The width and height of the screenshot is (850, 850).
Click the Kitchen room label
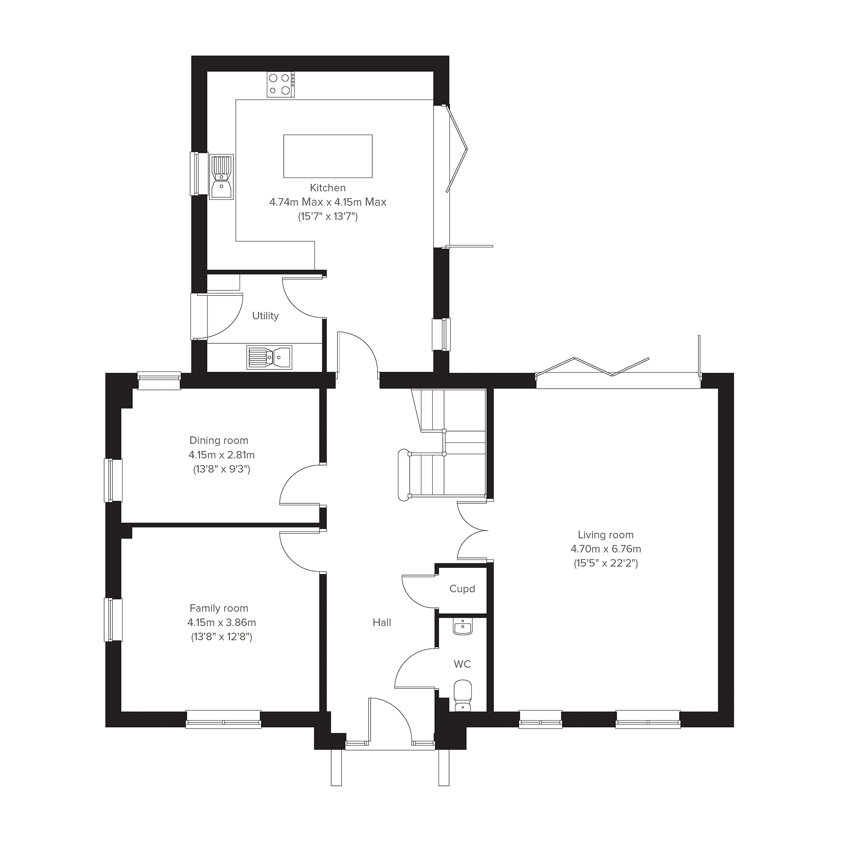tap(328, 188)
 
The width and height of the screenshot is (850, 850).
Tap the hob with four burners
tap(281, 84)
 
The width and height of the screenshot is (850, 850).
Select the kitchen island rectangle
tap(328, 156)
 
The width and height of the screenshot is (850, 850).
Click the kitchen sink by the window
tap(221, 177)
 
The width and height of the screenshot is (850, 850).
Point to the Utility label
tap(265, 316)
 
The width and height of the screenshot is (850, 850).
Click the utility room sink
tap(269, 357)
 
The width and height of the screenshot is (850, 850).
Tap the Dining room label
tap(219, 440)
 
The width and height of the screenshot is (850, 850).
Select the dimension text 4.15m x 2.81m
tap(222, 455)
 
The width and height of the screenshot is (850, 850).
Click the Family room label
tap(219, 608)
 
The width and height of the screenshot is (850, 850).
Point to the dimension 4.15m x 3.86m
tap(222, 622)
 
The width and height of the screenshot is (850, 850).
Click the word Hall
tap(382, 622)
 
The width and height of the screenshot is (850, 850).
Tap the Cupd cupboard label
tap(463, 588)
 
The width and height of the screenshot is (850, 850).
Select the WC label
tap(463, 664)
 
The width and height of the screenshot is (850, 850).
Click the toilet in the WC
tap(463, 696)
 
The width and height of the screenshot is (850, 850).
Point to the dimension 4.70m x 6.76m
tap(606, 549)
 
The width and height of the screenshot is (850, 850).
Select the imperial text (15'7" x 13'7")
tap(328, 217)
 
